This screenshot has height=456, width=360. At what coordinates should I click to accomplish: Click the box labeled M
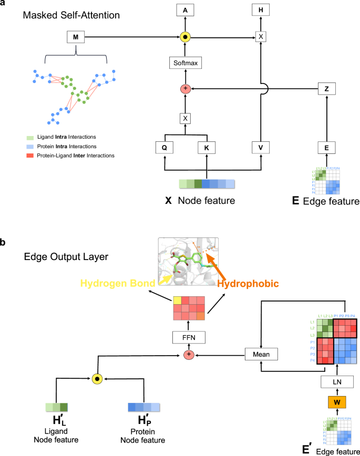pyautogui.click(x=76, y=37)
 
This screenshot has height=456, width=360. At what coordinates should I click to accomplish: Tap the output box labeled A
pyautogui.click(x=186, y=10)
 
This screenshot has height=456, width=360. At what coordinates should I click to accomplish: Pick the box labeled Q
pyautogui.click(x=164, y=148)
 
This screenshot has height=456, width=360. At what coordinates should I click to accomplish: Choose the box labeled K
pyautogui.click(x=207, y=148)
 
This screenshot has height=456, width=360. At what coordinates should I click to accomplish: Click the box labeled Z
pyautogui.click(x=327, y=90)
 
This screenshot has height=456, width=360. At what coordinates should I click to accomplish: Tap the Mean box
pyautogui.click(x=261, y=355)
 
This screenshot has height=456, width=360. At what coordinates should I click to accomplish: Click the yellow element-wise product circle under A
pyautogui.click(x=186, y=37)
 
